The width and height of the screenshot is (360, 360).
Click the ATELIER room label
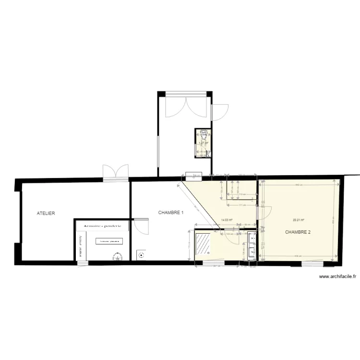(46, 213)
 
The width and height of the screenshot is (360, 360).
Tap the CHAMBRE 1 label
(171, 212)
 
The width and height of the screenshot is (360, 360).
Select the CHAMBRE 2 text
(298, 232)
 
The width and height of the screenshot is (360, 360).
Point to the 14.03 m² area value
(227, 220)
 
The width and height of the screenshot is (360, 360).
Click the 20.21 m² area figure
(299, 220)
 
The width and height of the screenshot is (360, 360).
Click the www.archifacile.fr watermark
(337, 276)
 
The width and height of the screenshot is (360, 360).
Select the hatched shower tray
(203, 243)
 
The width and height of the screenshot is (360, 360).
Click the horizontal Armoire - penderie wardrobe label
(102, 225)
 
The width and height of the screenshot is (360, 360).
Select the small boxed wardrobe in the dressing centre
(109, 241)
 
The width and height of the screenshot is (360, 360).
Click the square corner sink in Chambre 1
(140, 254)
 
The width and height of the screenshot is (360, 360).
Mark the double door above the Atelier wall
(116, 172)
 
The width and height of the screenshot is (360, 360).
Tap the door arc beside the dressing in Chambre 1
(141, 226)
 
